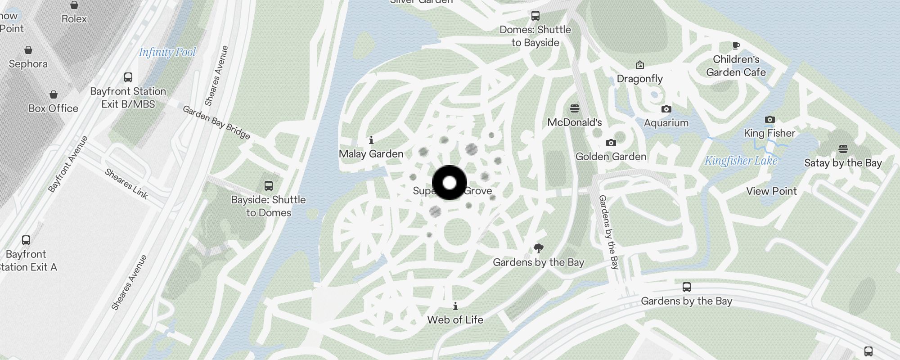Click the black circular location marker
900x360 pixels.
tap(450, 183)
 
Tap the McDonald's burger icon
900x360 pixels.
tap(575, 108)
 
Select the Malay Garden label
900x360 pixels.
tap(371, 154)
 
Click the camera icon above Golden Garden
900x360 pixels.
tap(611, 143)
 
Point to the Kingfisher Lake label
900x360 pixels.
tap(741, 161)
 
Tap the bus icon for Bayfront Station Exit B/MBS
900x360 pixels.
tap(128, 77)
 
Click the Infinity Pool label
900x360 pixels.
tap(167, 52)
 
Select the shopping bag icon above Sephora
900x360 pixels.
tap(28, 50)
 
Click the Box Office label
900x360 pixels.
tap(53, 108)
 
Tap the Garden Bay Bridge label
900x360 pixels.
tap(216, 122)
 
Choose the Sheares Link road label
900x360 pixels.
tap(126, 183)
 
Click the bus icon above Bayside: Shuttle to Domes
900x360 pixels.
tap(269, 186)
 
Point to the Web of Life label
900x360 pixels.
tap(455, 320)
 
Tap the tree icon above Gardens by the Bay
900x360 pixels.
tap(538, 248)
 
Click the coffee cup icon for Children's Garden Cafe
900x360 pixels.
tap(736, 45)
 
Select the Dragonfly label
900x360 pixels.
tap(639, 79)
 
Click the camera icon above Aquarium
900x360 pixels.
tap(666, 109)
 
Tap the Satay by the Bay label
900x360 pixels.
tap(843, 163)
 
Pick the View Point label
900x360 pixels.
tap(771, 191)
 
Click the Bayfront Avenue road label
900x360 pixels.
tap(68, 164)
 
